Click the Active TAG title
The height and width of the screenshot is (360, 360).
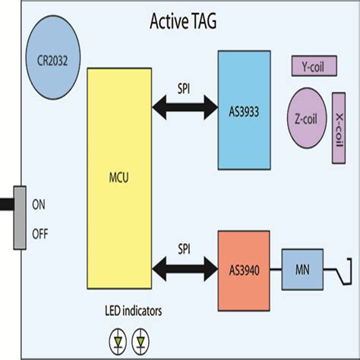tap(183, 21)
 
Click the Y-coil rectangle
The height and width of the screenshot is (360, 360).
tap(314, 66)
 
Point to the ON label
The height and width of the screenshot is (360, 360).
tap(39, 204)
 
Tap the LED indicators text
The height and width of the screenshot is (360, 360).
tap(134, 311)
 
